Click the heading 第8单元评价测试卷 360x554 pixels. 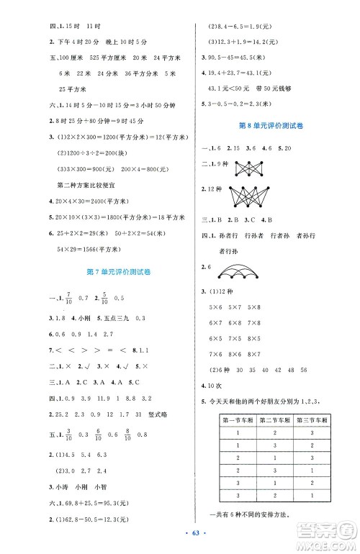(270, 125)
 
